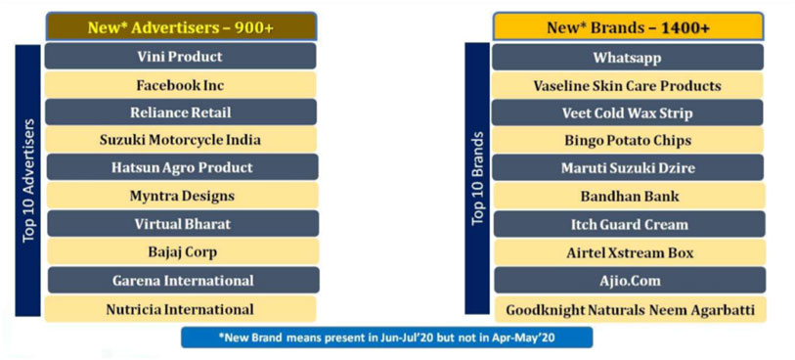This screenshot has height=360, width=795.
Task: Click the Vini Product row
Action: [x=181, y=57]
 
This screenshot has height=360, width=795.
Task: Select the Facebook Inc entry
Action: [x=181, y=85]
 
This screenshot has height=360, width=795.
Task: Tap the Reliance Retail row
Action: [x=181, y=112]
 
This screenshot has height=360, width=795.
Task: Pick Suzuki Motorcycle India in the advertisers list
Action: [x=181, y=140]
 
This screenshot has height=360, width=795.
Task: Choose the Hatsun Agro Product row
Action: [x=182, y=167]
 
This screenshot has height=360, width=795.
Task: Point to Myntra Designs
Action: [x=182, y=196]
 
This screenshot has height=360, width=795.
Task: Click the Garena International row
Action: [x=184, y=280]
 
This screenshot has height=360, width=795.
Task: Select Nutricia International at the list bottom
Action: [x=181, y=309]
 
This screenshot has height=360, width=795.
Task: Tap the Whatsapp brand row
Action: [x=628, y=58]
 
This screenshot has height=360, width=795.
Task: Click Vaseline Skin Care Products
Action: [x=627, y=85]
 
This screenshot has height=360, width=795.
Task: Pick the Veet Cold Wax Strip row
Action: [x=627, y=112]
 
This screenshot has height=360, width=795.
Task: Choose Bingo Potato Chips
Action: [x=628, y=140]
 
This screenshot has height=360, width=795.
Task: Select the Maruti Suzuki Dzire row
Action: [x=628, y=168]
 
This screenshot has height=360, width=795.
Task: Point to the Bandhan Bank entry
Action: [x=629, y=196]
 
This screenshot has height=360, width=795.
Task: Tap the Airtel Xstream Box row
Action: [x=629, y=252]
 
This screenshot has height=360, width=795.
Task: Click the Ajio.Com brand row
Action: [x=630, y=281]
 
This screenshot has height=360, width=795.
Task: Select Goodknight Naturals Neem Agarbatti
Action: [x=631, y=310]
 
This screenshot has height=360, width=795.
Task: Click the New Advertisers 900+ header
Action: [x=181, y=26]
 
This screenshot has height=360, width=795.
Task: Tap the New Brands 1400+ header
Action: [x=628, y=26]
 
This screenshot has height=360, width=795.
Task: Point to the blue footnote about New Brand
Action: [x=387, y=337]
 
